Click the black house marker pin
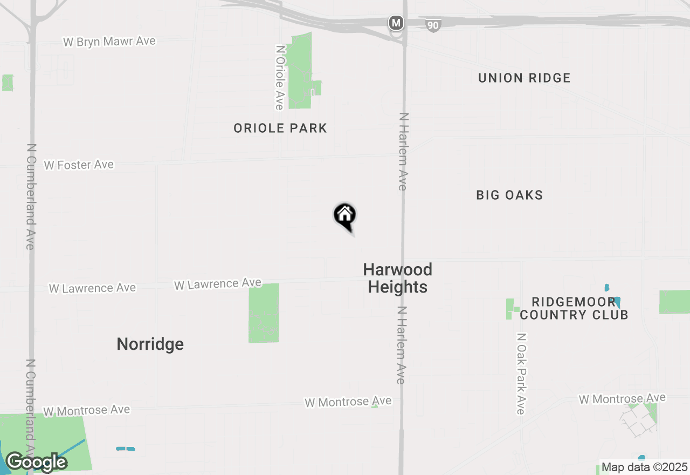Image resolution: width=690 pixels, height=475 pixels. tap(345, 216)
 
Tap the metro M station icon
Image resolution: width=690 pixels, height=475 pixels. tap(396, 23)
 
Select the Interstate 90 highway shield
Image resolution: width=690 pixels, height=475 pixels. tap(433, 25)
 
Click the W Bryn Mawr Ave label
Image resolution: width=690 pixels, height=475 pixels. tap(109, 42)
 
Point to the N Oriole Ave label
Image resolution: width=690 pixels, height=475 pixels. tap(279, 77)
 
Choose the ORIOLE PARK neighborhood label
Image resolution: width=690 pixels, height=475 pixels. tap(280, 128)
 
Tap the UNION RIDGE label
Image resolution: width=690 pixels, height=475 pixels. tap(524, 78)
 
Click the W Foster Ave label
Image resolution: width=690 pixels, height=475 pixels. tap(79, 165)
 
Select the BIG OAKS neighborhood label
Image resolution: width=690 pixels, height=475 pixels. tap(509, 195)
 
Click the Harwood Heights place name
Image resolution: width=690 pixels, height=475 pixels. tap(398, 278)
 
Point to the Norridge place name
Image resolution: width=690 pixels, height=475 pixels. tap(150, 344)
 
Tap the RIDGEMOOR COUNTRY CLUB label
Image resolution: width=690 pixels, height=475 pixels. tap(574, 308)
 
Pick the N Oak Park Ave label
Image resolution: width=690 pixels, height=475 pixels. tap(520, 374)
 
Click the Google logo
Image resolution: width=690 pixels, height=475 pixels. tap(36, 463)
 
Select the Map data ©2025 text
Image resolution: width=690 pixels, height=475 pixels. tap(645, 467)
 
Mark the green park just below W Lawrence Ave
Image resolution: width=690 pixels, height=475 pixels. tap(264, 313)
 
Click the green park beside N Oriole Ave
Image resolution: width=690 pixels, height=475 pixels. tap(299, 70)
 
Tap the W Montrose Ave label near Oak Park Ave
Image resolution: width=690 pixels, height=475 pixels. tap(622, 399)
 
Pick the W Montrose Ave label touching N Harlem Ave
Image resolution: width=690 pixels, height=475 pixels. tap(348, 402)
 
